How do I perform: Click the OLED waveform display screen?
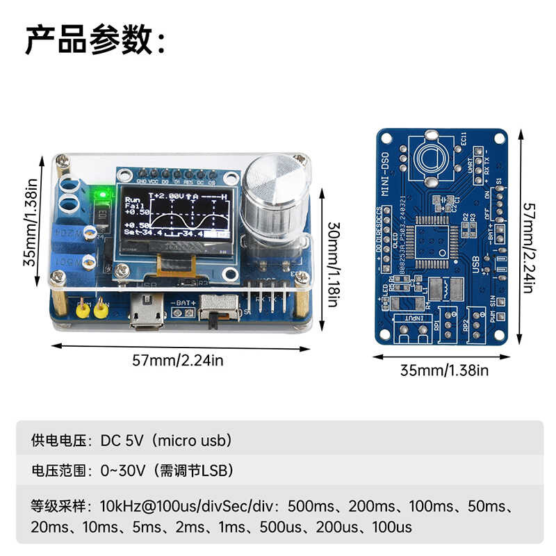tap(177, 218)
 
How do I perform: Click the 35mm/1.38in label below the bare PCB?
tap(444, 370)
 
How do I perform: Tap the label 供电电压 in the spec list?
tap(58, 440)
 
